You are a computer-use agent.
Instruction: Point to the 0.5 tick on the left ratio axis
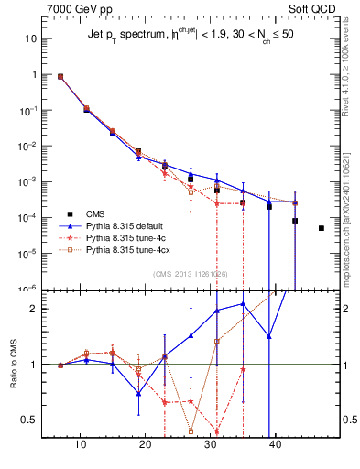click(28, 420)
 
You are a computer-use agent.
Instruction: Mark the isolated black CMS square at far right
click(322, 228)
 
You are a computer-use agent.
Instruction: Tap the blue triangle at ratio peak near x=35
click(243, 303)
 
